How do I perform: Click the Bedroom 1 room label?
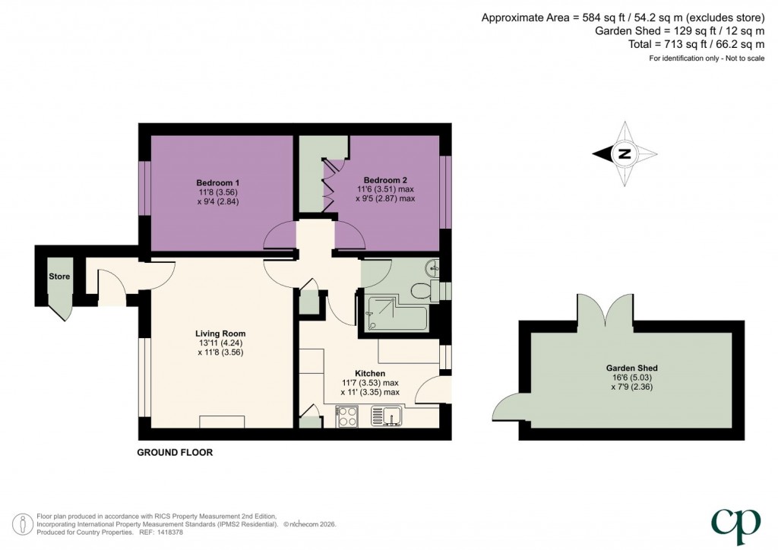pos(218,182)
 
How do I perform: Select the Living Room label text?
pos(220,333)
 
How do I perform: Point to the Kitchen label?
pos(369,374)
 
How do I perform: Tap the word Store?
pos(59,277)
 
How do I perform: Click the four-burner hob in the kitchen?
pos(347,416)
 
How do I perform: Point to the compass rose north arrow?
pos(625,154)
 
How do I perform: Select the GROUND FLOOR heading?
pos(175,453)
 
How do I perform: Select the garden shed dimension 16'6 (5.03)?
pos(630,377)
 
